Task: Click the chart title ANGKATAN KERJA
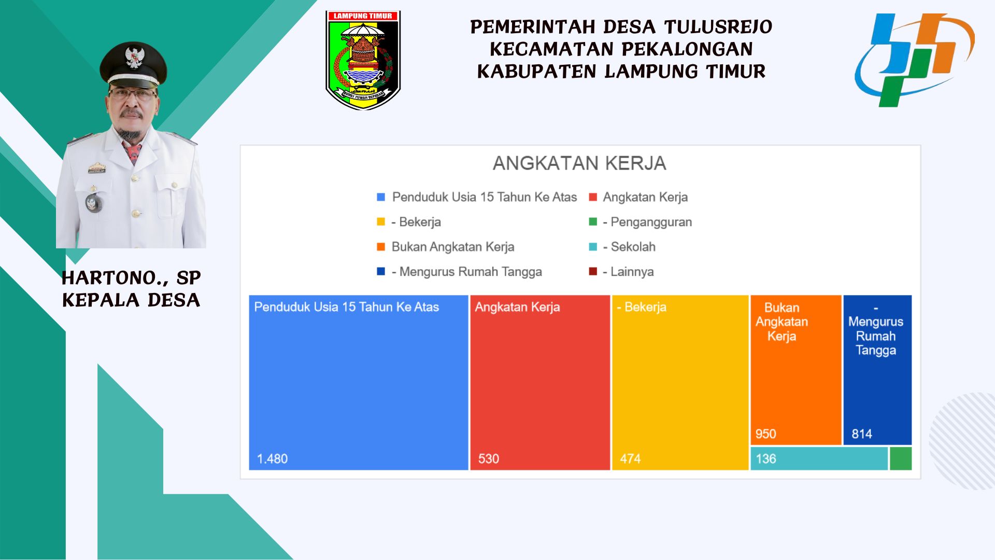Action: coord(579,163)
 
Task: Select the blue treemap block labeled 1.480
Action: coord(359,383)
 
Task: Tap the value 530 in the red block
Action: coord(489,459)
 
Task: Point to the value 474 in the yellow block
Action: coord(630,459)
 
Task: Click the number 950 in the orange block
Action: coord(765,434)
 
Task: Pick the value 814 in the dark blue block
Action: coord(862,434)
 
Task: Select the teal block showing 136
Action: coord(819,459)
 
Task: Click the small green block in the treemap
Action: coord(901,459)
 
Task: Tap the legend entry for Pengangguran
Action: coord(641,222)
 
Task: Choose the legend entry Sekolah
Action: coord(622,247)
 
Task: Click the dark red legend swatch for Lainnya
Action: coord(593,271)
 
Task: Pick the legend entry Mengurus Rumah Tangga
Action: coord(459,272)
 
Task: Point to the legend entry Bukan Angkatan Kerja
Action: coord(446,247)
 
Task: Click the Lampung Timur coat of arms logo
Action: coord(363,60)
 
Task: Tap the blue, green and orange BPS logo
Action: coord(914,60)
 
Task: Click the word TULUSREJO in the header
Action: coord(718,27)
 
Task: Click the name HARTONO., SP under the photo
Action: coord(131,278)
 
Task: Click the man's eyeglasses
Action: coord(133,95)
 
